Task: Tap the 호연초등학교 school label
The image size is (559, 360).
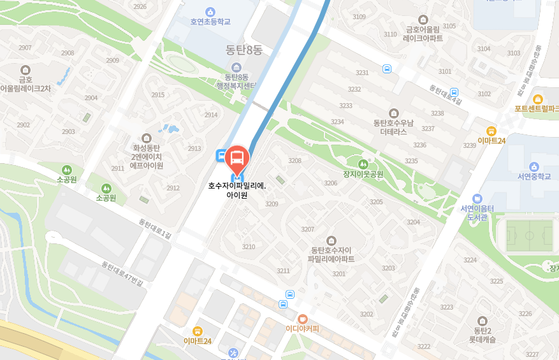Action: pyautogui.click(x=210, y=22)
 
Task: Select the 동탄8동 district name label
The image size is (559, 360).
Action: pyautogui.click(x=244, y=49)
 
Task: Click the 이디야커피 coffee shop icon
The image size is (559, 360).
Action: pyautogui.click(x=302, y=318)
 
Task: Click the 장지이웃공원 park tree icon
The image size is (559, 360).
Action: pyautogui.click(x=364, y=164)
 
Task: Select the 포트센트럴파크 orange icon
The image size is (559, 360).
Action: pyautogui.click(x=538, y=99)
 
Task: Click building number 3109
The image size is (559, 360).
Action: pyautogui.click(x=359, y=17)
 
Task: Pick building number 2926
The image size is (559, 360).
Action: pyautogui.click(x=140, y=7)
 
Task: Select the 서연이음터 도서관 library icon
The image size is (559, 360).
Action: pyautogui.click(x=477, y=198)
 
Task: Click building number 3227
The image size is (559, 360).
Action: pyautogui.click(x=532, y=354)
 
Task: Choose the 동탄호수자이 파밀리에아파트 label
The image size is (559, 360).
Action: pyautogui.click(x=331, y=255)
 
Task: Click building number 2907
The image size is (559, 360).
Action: pyautogui.click(x=25, y=48)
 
